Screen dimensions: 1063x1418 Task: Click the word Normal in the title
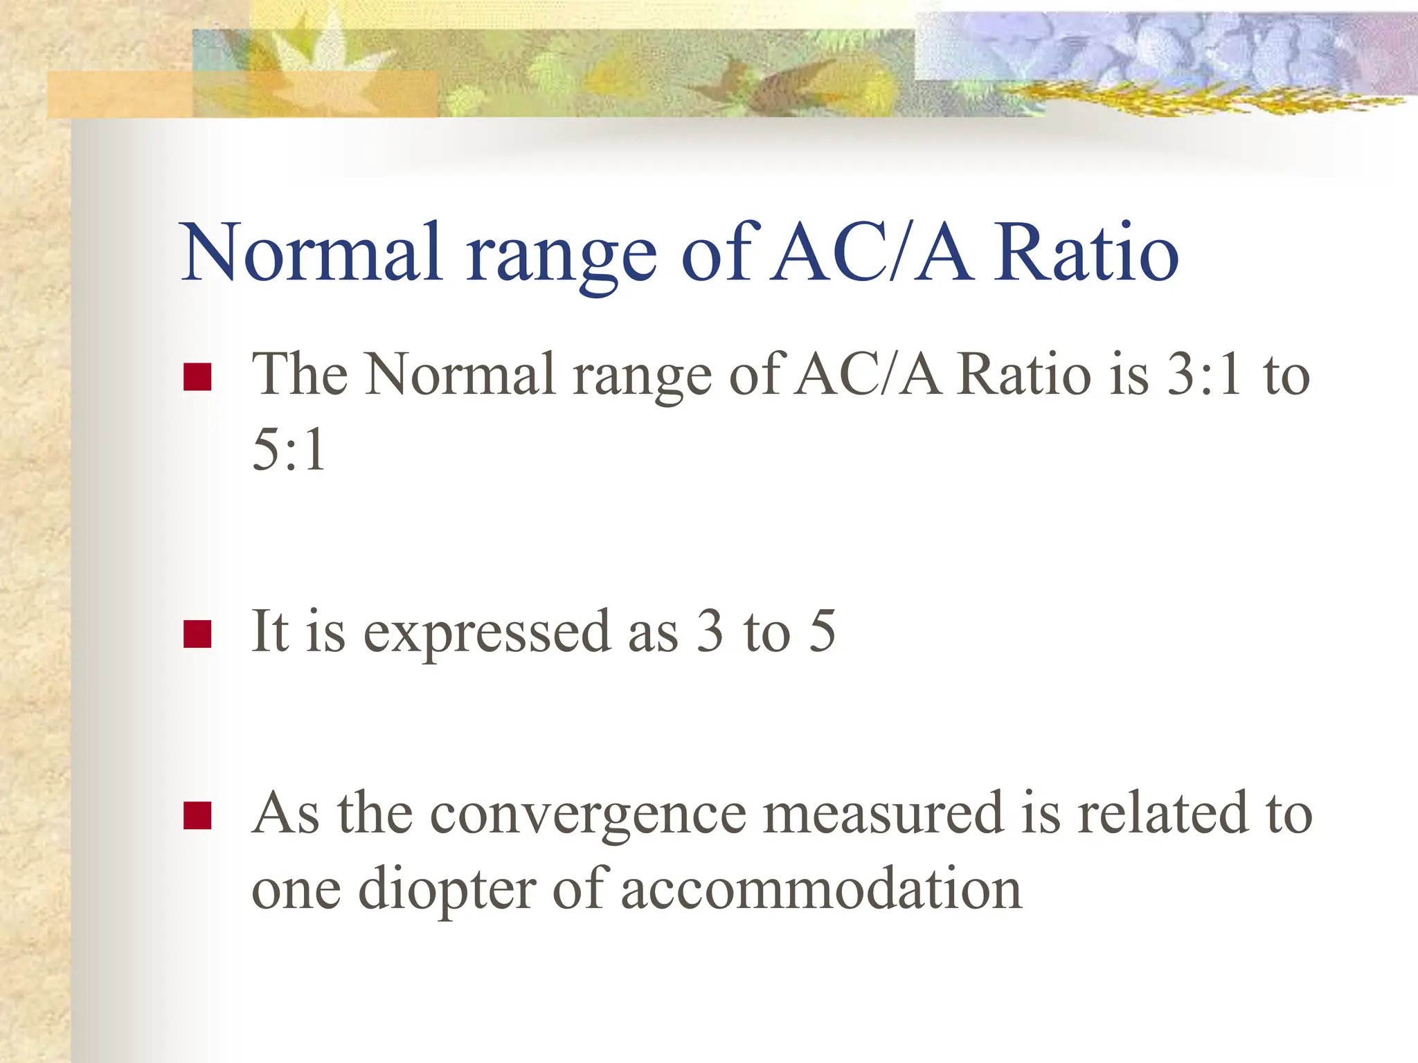[x=311, y=252]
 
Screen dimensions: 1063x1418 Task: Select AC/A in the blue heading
[x=872, y=252]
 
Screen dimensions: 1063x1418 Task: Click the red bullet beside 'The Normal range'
[x=197, y=377]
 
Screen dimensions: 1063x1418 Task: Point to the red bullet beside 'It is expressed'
[x=197, y=634]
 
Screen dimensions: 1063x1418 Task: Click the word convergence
[x=588, y=814]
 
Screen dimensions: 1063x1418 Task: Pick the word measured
[x=883, y=814]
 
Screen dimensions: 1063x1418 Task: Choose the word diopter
[x=447, y=890]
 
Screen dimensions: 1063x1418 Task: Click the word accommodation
[x=821, y=889]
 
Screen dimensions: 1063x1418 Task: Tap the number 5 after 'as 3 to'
[x=823, y=631]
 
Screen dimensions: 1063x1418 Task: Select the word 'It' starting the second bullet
[x=269, y=631]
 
